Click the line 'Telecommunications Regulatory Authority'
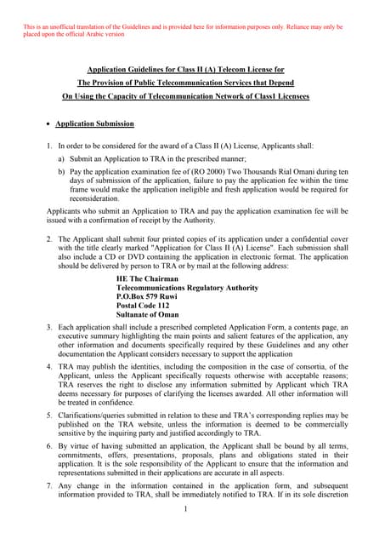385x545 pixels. pyautogui.click(x=187, y=288)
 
